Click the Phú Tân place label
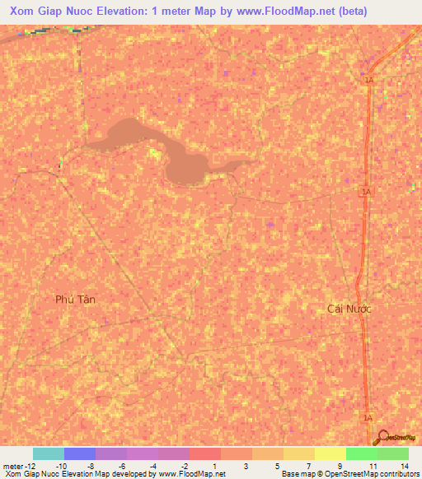75,300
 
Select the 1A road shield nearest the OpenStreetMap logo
368,418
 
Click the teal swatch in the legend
48,453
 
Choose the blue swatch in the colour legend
79,453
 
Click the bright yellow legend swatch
330,453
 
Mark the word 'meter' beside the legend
13,465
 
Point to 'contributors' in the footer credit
397,475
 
